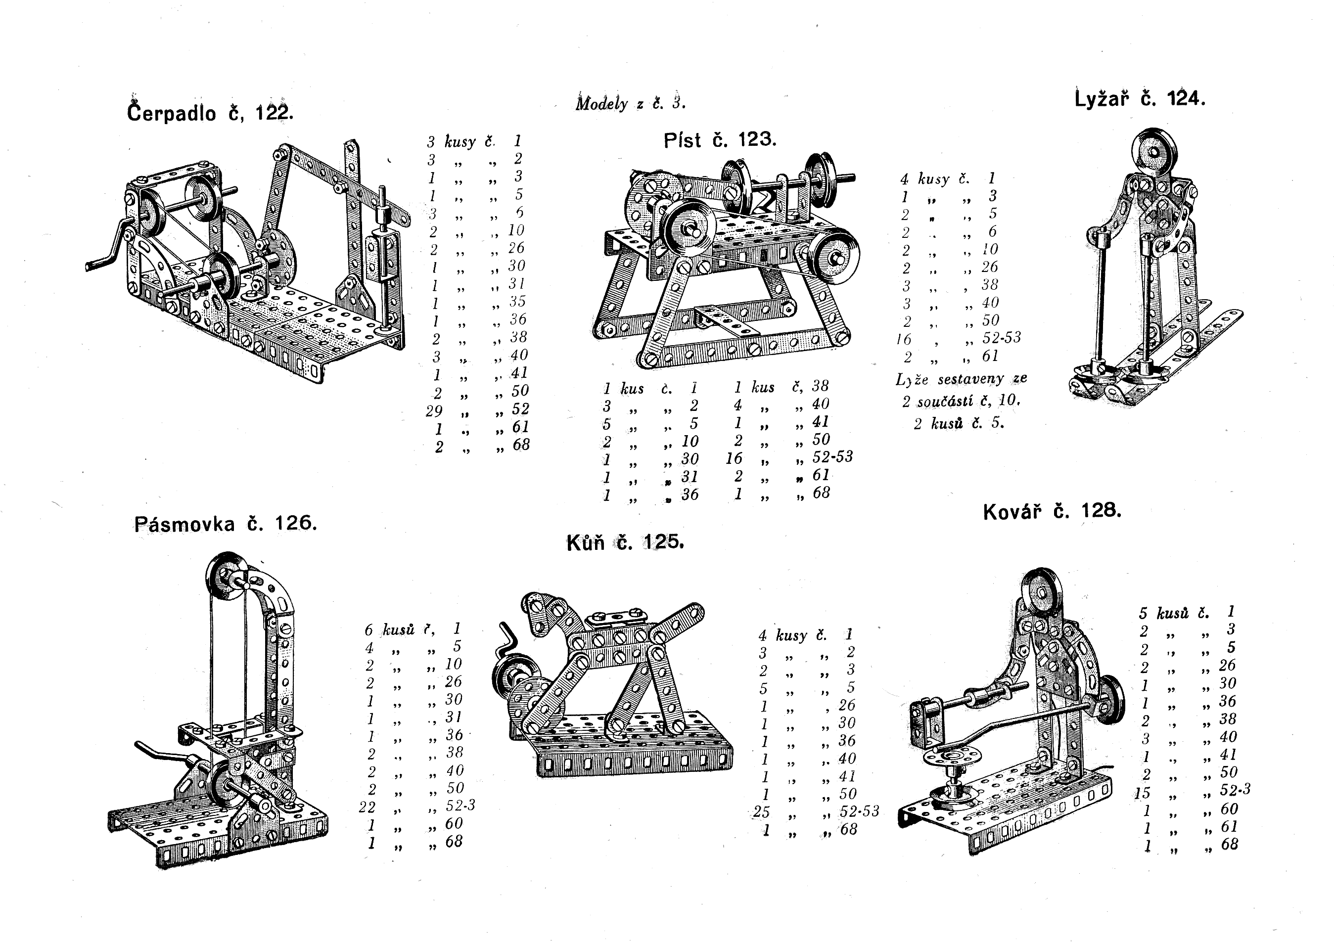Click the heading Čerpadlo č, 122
pyautogui.click(x=210, y=113)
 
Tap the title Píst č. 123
pyautogui.click(x=719, y=140)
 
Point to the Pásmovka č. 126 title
pyautogui.click(x=226, y=524)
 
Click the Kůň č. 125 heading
pyautogui.click(x=625, y=543)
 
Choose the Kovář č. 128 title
pyautogui.click(x=1052, y=512)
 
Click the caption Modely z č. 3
pyautogui.click(x=630, y=103)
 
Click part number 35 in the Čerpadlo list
pyautogui.click(x=516, y=301)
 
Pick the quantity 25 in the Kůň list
pyautogui.click(x=762, y=811)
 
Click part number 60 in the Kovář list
pyautogui.click(x=1228, y=809)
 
